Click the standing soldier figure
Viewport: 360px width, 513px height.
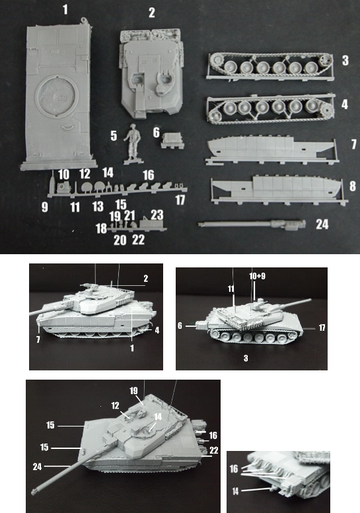point(133,144)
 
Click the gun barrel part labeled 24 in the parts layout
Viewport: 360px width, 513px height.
point(252,224)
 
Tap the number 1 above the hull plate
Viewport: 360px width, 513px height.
point(65,9)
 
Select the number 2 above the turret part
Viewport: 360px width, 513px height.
point(151,13)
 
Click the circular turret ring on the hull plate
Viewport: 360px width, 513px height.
point(57,96)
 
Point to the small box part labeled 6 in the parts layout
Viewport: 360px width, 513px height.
point(172,140)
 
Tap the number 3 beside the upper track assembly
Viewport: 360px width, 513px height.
point(345,61)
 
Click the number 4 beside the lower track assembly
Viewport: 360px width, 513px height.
point(345,104)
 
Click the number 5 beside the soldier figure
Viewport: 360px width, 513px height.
point(114,136)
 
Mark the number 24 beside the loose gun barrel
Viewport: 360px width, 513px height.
point(322,224)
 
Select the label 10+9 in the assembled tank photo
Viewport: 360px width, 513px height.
point(257,276)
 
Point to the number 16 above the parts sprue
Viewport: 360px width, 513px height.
point(148,175)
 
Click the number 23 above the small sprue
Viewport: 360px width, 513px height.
point(157,215)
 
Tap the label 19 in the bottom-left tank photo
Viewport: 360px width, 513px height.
point(133,391)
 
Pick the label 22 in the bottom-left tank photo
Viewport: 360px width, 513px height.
point(214,450)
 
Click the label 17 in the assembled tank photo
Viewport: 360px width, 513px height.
point(322,327)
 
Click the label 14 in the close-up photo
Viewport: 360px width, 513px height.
point(236,491)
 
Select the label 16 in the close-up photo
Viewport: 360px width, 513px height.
point(234,469)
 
